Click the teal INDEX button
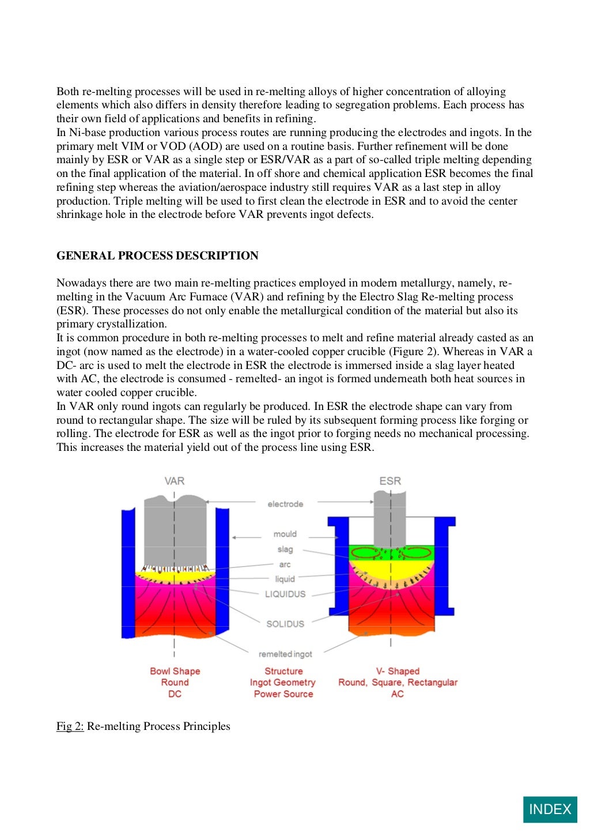(550, 809)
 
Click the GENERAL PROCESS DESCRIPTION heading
(157, 255)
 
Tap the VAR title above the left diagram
(175, 481)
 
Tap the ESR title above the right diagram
(390, 481)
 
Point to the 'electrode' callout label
(285, 504)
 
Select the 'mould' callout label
(285, 534)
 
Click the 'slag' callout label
(285, 549)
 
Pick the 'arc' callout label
(285, 564)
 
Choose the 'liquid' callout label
(285, 579)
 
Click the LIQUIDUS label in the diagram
(285, 594)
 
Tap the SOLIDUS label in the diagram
(285, 624)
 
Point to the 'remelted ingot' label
(285, 654)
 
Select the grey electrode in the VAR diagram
(175, 530)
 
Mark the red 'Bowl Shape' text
(175, 671)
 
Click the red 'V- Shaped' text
(398, 671)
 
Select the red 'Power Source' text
(283, 694)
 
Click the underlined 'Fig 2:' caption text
(70, 726)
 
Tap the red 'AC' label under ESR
(398, 694)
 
